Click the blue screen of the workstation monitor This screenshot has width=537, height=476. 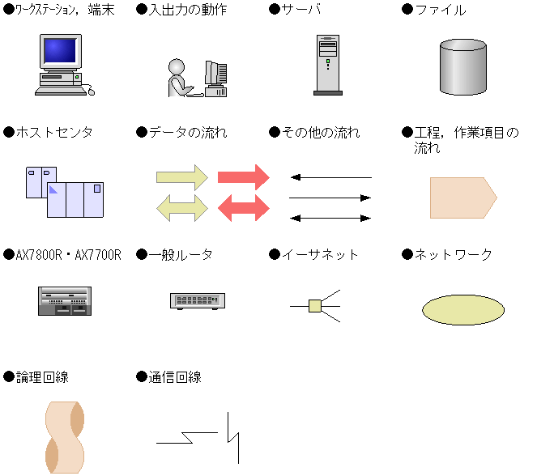pos(60,51)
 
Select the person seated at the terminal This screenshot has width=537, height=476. pos(178,78)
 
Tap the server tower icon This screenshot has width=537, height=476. pos(328,65)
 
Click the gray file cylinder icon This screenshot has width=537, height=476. pos(462,66)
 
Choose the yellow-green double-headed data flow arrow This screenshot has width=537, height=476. pos(182,208)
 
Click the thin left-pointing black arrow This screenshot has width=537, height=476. pos(330,177)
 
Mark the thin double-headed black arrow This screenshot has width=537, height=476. pos(330,218)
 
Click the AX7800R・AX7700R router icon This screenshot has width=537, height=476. pos(65,300)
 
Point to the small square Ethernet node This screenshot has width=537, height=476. pos(316,305)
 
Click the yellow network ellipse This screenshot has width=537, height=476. pos(462,309)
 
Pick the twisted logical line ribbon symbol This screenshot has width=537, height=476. pos(65,437)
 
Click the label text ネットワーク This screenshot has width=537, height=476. pos(453,255)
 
